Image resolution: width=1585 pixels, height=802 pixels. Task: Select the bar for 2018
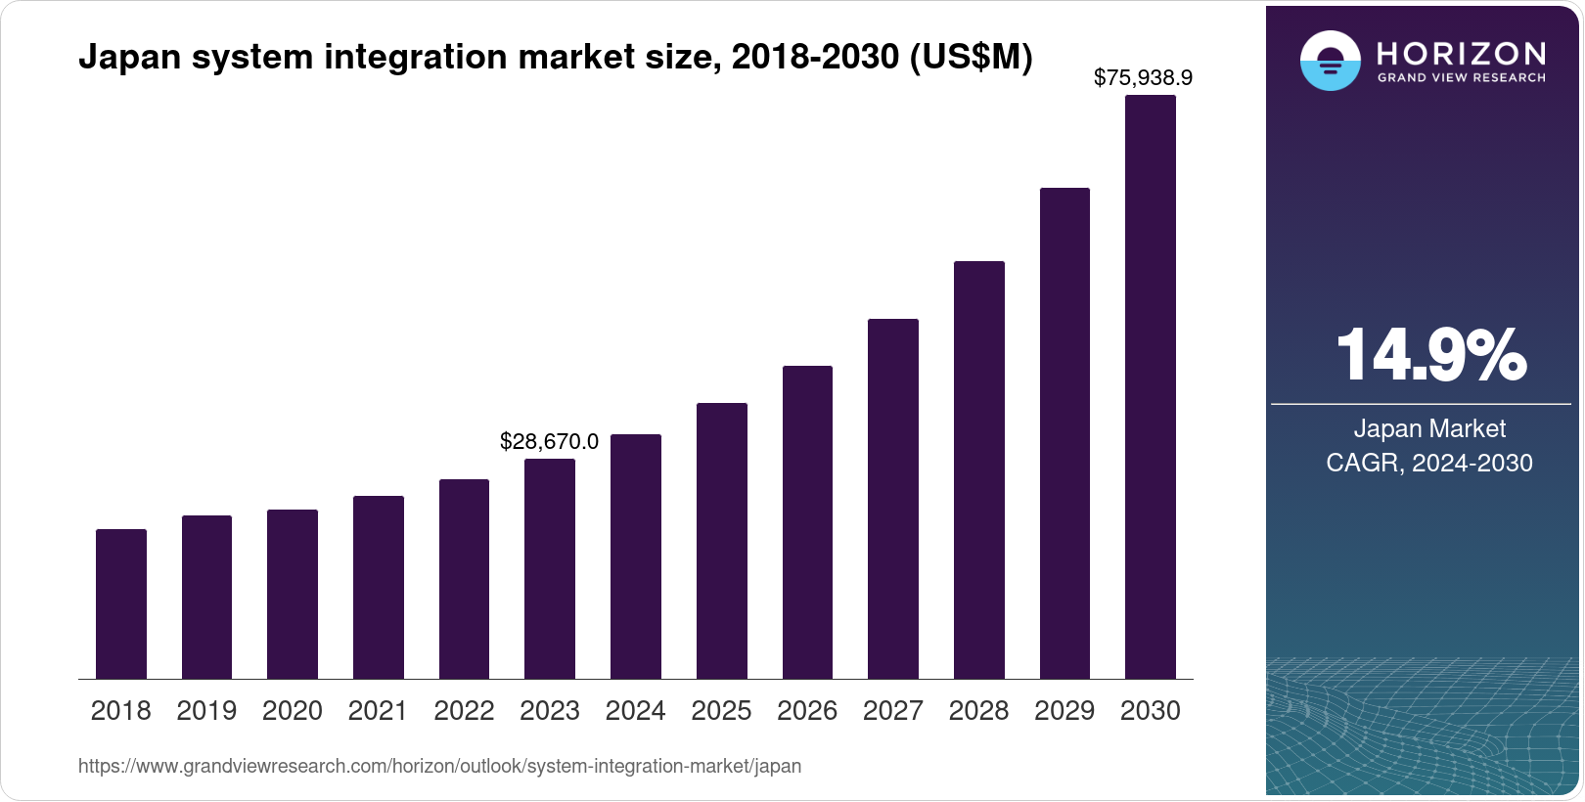[x=121, y=603]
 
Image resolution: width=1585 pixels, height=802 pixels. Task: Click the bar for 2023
[x=550, y=568]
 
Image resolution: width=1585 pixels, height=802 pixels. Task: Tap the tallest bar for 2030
[x=1151, y=386]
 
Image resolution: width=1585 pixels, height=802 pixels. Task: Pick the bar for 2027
[x=893, y=499]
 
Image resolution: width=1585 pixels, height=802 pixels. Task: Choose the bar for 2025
[x=722, y=541]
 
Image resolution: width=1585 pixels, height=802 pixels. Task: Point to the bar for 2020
[x=293, y=594]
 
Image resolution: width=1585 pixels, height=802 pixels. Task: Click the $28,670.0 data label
[x=549, y=441]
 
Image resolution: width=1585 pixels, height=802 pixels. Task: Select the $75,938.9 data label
[x=1143, y=77]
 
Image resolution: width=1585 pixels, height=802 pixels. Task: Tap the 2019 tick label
[x=206, y=710]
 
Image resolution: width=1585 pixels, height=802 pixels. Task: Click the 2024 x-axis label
[x=636, y=710]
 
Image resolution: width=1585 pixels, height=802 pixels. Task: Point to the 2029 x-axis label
[x=1064, y=710]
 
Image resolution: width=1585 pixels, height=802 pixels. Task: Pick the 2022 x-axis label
[x=464, y=710]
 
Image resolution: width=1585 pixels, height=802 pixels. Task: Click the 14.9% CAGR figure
[x=1430, y=355]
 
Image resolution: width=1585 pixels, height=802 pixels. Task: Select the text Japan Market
[x=1429, y=428]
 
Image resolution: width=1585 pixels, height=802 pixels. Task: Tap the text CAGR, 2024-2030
[x=1429, y=463]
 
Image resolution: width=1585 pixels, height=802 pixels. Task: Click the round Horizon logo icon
[x=1330, y=61]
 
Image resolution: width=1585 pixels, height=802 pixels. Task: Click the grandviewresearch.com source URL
[x=439, y=766]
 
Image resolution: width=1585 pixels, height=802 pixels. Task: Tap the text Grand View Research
[x=1462, y=77]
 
